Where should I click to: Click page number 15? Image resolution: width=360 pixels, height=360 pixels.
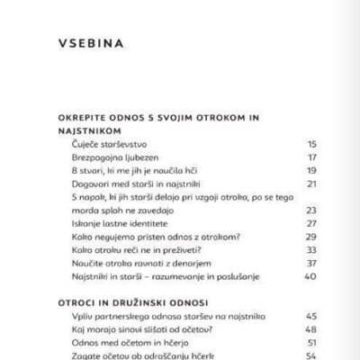(287, 143)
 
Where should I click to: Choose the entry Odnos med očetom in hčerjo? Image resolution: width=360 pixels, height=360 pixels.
(126, 343)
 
